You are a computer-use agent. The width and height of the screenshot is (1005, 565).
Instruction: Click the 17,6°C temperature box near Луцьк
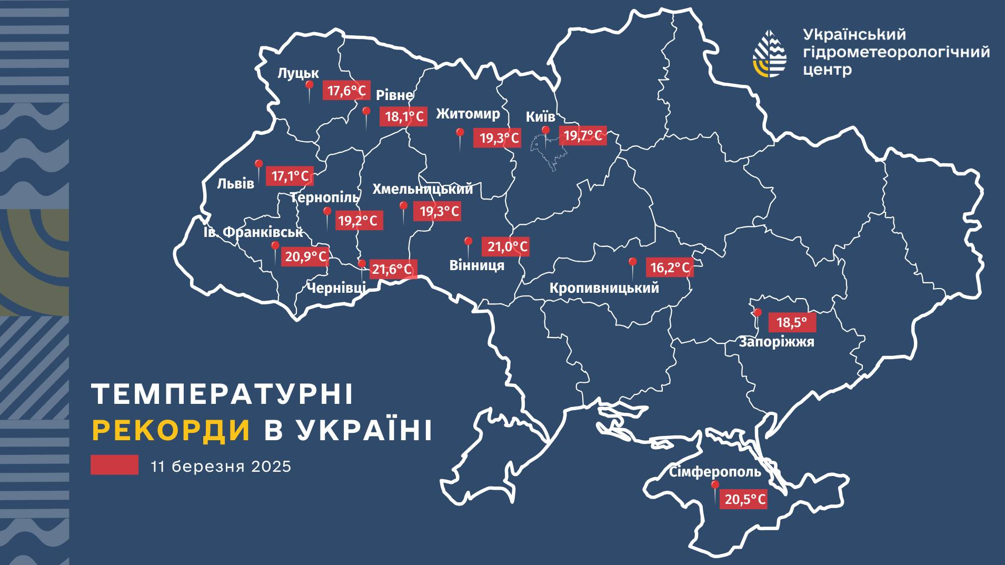[346, 91]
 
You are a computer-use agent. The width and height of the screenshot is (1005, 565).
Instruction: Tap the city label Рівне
[394, 95]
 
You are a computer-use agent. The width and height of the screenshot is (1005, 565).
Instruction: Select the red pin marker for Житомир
[460, 133]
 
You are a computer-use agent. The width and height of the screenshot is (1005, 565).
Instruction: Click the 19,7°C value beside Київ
[582, 136]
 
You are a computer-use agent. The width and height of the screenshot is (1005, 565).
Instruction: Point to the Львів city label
[235, 184]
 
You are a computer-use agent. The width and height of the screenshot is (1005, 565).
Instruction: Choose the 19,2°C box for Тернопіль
[357, 221]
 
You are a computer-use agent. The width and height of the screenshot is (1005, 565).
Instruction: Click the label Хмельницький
[422, 189]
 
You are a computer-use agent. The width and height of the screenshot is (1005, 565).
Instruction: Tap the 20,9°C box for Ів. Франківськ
[305, 256]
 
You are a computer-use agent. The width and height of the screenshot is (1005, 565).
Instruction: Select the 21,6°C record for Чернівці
[392, 270]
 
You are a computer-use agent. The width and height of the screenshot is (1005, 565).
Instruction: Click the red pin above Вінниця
[467, 242]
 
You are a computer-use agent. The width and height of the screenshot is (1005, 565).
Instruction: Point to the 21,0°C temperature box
[506, 246]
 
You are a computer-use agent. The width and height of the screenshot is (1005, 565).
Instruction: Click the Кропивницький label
[604, 288]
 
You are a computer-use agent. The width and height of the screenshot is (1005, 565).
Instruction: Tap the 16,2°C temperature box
[669, 267]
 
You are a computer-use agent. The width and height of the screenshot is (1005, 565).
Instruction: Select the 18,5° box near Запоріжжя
[792, 322]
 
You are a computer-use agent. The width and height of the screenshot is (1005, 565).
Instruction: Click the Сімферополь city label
[714, 472]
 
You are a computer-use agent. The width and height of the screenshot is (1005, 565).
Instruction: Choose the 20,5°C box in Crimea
[744, 499]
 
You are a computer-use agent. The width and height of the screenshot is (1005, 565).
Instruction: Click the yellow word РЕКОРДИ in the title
[171, 430]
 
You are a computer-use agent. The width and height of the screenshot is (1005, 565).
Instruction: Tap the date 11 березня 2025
[221, 467]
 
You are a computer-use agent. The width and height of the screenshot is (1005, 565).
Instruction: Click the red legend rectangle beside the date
[114, 465]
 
